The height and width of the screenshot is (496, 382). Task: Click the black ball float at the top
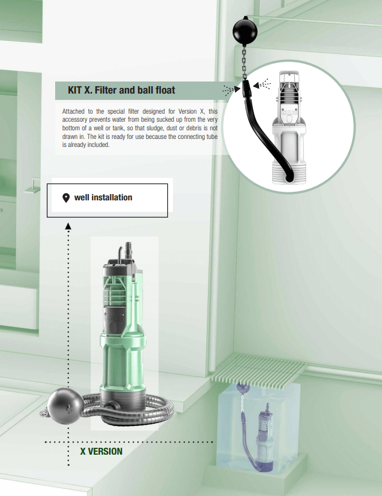coord(245,30)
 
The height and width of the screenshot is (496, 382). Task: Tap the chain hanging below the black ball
coord(245,63)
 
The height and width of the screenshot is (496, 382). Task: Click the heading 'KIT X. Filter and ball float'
coord(121,90)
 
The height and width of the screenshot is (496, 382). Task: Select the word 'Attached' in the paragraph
coord(73,111)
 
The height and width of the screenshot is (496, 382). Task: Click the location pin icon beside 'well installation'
coord(66,198)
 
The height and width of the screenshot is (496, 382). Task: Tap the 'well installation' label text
coord(103,197)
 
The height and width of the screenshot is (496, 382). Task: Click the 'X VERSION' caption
coord(101,451)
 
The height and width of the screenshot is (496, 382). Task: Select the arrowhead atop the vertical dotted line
coord(68,226)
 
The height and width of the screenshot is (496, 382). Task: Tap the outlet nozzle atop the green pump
coord(129,249)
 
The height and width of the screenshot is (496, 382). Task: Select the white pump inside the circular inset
coord(288,127)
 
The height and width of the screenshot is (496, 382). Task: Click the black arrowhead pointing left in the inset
coord(256,85)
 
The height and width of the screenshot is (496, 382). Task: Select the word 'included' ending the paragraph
coord(99,145)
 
